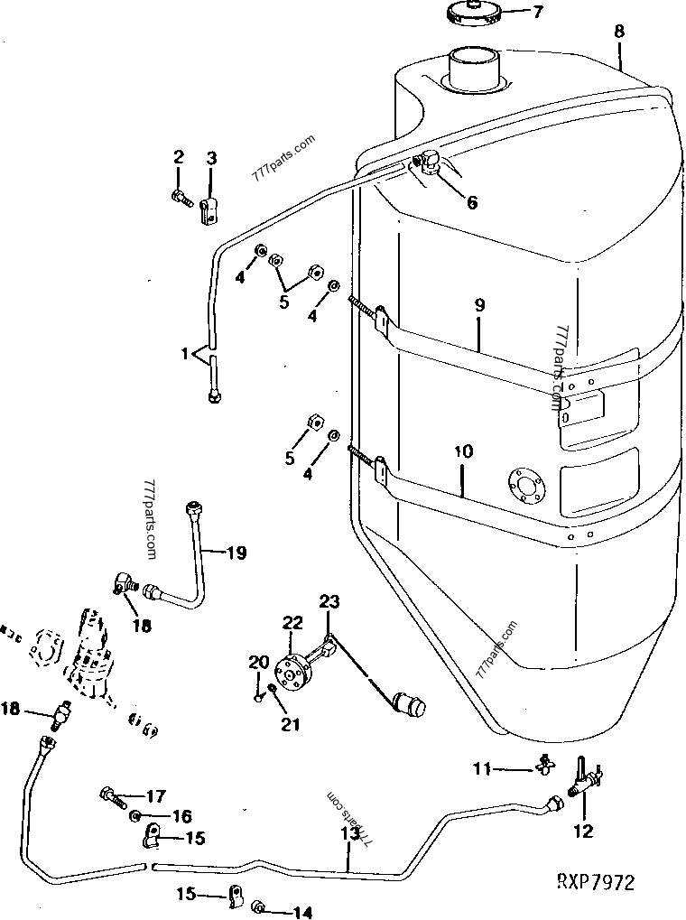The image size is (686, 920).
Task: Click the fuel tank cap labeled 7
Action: [472, 12]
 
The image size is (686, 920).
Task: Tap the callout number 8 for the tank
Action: [620, 31]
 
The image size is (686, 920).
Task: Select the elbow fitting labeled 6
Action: [427, 161]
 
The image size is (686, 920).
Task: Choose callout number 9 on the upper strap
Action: [479, 305]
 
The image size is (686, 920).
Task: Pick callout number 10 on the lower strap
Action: [463, 451]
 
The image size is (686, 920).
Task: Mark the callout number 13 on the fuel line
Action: [349, 833]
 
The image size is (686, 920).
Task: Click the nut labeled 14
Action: [258, 907]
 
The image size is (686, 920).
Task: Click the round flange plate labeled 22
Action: [292, 671]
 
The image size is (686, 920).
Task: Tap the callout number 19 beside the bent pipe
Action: [236, 553]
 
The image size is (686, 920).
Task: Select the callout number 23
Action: [329, 601]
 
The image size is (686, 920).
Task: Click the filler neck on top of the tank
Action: [475, 70]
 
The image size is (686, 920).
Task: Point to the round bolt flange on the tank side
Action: [526, 486]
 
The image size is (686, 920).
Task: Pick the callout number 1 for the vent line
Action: [185, 354]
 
